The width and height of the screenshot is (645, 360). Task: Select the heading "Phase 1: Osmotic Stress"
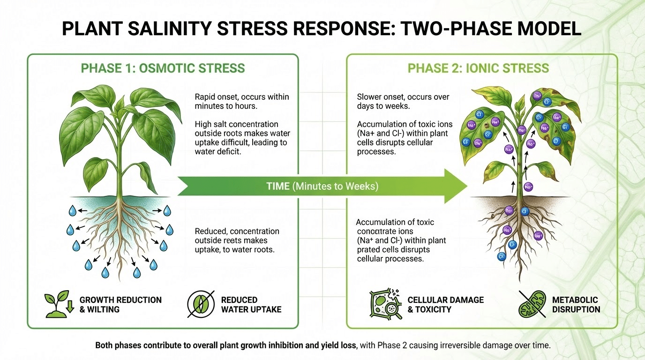point(163,68)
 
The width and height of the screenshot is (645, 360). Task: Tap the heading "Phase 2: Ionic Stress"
point(478,68)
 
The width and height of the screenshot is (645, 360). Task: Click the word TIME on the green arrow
point(278,186)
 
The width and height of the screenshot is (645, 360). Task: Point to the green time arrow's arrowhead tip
point(467,186)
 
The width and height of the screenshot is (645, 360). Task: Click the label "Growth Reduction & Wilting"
point(120,304)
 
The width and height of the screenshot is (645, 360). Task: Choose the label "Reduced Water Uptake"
point(251,304)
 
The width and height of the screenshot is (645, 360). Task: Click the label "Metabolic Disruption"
point(576,304)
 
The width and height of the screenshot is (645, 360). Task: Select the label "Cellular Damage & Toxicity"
point(445,304)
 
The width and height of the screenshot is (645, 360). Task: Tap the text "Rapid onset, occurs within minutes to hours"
point(242,101)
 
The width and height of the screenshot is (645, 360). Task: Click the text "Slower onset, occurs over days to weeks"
point(403,101)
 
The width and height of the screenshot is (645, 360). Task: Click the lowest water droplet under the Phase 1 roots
point(136,272)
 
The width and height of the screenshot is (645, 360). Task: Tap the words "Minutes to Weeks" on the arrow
point(335,186)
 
